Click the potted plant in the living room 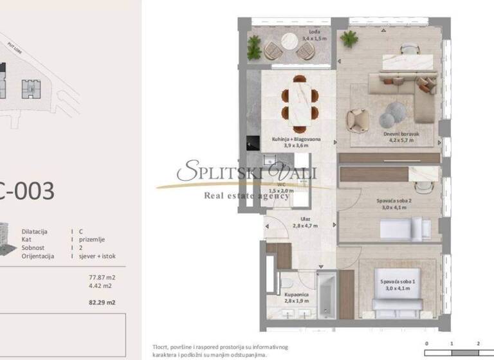(349, 39)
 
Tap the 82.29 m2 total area (102, 301)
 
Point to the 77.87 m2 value (102, 278)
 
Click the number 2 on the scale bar (478, 344)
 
